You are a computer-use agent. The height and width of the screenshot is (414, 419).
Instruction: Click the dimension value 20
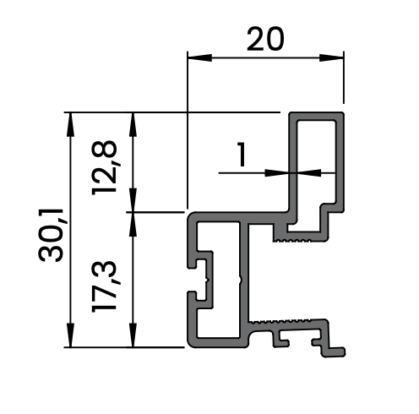pyautogui.click(x=265, y=39)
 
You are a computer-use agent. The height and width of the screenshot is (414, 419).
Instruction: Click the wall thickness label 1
pyautogui.click(x=241, y=155)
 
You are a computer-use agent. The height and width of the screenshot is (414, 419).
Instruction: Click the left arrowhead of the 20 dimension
pyautogui.click(x=199, y=58)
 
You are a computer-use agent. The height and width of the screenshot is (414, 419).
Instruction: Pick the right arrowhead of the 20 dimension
pyautogui.click(x=332, y=58)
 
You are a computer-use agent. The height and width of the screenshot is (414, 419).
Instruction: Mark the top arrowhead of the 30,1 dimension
pyautogui.click(x=70, y=124)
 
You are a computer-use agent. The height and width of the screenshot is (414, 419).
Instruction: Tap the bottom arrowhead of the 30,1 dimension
pyautogui.click(x=70, y=335)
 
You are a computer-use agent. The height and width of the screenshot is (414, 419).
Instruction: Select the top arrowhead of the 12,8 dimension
pyautogui.click(x=133, y=124)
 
